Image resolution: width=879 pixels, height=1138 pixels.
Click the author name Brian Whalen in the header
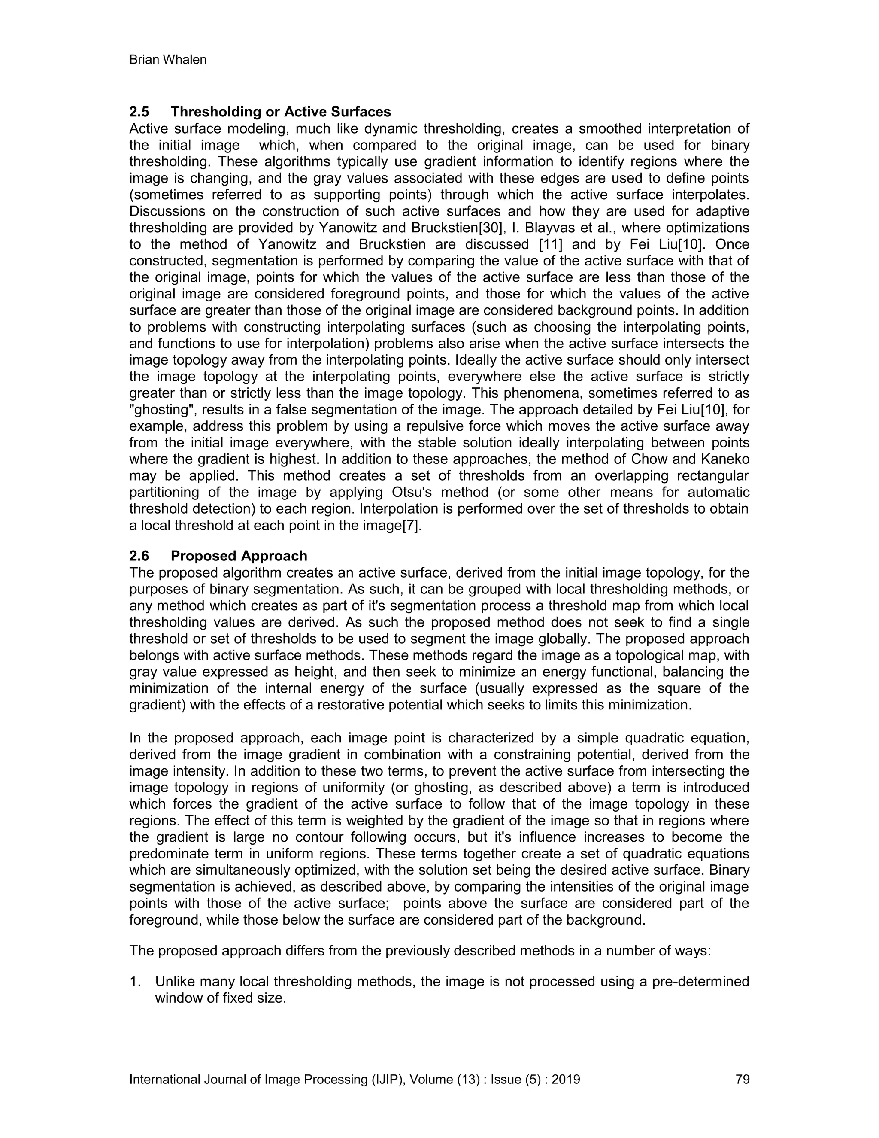pos(168,60)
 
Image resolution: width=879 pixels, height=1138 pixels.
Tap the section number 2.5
pos(139,112)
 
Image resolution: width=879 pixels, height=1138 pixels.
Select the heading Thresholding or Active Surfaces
pos(281,112)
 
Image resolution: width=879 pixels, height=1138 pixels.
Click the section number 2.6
pos(139,556)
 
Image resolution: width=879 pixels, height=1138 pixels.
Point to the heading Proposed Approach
pos(239,556)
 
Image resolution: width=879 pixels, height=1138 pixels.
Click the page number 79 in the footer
pos(743,1079)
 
